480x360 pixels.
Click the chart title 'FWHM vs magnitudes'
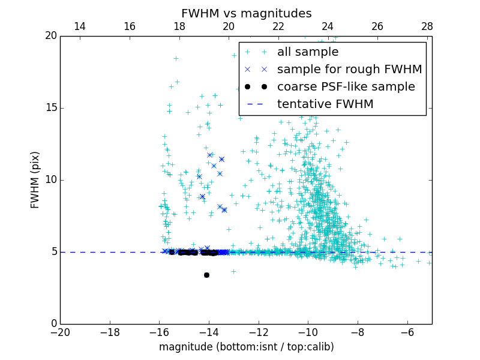[246, 13]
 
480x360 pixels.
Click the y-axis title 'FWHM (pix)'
[35, 179]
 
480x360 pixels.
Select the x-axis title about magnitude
[246, 347]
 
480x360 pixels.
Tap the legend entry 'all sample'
[307, 52]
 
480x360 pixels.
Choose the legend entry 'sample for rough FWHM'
[349, 70]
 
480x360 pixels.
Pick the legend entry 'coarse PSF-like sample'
[346, 87]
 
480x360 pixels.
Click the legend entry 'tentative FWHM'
[325, 104]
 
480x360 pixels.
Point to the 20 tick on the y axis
[50, 36]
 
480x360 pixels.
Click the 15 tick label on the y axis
[50, 108]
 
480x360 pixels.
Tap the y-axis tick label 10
[50, 180]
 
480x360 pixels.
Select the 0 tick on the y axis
[53, 324]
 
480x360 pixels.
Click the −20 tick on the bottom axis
[60, 332]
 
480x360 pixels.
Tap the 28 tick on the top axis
[427, 26]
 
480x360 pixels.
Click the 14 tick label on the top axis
[79, 26]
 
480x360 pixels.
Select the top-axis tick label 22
[278, 26]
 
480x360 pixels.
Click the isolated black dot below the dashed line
[206, 275]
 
